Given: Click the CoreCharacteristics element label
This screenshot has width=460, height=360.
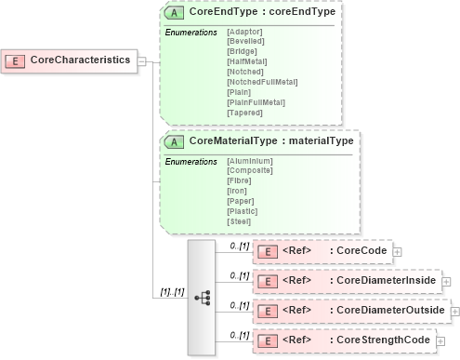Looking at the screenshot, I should [x=80, y=60].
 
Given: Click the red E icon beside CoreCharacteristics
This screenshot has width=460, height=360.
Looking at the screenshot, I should [x=16, y=60].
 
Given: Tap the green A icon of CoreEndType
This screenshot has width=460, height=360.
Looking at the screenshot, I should [x=174, y=14].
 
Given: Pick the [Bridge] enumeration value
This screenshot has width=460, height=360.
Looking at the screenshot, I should [x=243, y=52].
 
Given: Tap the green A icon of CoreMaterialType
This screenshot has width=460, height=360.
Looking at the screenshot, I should [x=174, y=141].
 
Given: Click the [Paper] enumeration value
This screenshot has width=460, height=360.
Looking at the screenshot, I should [x=242, y=201].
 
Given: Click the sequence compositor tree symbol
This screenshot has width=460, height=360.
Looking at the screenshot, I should [x=202, y=298].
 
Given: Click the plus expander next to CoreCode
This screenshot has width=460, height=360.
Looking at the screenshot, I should [x=398, y=251].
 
